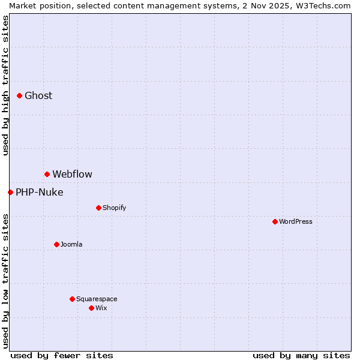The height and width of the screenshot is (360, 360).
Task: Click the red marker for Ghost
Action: point(19,95)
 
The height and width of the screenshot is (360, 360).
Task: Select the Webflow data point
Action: point(47,174)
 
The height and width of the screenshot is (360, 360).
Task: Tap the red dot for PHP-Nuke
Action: point(10,192)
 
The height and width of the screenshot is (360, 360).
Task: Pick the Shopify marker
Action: point(98,208)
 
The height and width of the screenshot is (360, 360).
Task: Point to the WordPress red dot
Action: point(275,221)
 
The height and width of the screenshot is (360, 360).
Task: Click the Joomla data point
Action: point(56,244)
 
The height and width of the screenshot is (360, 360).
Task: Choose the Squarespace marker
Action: point(72,299)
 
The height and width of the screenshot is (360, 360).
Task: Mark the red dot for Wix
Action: point(91,308)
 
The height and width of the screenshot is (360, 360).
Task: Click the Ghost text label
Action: point(38,95)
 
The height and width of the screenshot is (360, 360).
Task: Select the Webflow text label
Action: point(72,174)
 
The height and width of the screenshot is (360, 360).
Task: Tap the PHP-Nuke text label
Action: point(39,192)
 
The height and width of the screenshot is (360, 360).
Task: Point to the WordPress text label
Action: point(296,221)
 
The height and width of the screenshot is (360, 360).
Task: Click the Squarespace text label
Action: point(97,299)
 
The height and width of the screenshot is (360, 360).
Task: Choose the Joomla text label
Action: point(71,244)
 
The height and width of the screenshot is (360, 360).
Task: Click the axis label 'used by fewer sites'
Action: point(62,355)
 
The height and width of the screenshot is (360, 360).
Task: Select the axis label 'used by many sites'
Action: point(301,355)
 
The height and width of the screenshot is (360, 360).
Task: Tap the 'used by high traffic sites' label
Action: point(5,85)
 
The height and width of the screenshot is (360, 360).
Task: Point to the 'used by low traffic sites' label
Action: point(5,280)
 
